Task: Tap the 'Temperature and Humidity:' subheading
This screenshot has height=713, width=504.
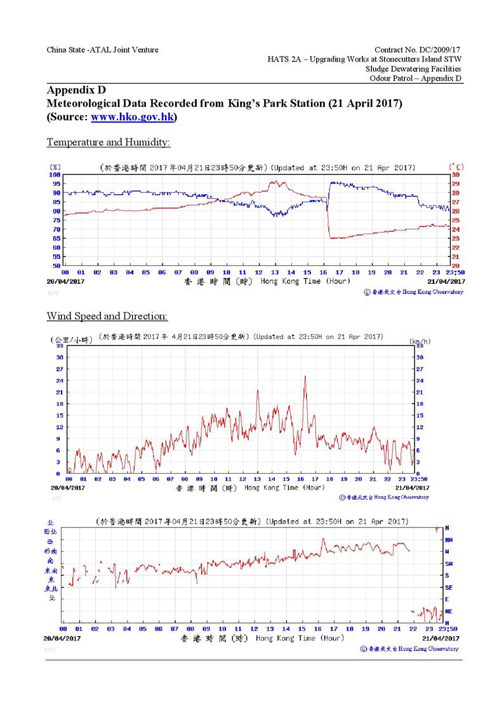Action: pyautogui.click(x=109, y=142)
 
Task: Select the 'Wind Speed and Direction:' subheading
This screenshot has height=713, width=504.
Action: pyautogui.click(x=107, y=316)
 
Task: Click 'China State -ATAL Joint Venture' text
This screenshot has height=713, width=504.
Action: pyautogui.click(x=103, y=50)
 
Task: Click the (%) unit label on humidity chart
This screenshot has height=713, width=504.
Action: pyautogui.click(x=55, y=168)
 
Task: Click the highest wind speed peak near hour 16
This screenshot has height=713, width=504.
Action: pyautogui.click(x=305, y=376)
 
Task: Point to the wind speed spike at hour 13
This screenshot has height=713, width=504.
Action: pyautogui.click(x=258, y=390)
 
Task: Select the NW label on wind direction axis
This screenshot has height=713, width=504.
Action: pyautogui.click(x=449, y=540)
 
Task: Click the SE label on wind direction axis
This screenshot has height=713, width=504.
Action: pyautogui.click(x=448, y=587)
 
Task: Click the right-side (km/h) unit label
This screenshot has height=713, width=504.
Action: pyautogui.click(x=420, y=340)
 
